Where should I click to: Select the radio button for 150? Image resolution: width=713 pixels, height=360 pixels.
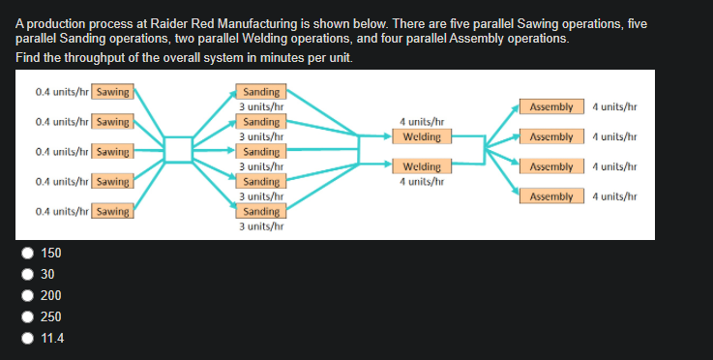pyautogui.click(x=28, y=254)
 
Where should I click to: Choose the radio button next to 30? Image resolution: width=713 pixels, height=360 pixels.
pyautogui.click(x=28, y=275)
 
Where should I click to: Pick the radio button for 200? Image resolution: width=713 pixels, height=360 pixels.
pyautogui.click(x=28, y=296)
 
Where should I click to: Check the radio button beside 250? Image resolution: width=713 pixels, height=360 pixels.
pyautogui.click(x=28, y=317)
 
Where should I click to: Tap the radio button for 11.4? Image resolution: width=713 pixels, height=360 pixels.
pyautogui.click(x=28, y=339)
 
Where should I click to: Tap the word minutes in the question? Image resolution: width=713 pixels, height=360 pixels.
pyautogui.click(x=272, y=59)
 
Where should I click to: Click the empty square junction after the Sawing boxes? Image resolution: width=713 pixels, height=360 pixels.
pyautogui.click(x=178, y=149)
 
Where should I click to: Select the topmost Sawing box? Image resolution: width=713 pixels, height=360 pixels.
pyautogui.click(x=113, y=92)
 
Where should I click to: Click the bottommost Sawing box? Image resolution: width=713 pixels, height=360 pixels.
pyautogui.click(x=113, y=211)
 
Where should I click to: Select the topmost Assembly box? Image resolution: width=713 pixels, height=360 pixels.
pyautogui.click(x=552, y=106)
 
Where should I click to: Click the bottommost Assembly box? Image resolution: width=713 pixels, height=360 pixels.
pyautogui.click(x=552, y=196)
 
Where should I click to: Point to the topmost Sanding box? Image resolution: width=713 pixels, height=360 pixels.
pyautogui.click(x=261, y=92)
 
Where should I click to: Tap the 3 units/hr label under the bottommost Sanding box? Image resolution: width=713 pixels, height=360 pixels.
pyautogui.click(x=261, y=226)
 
